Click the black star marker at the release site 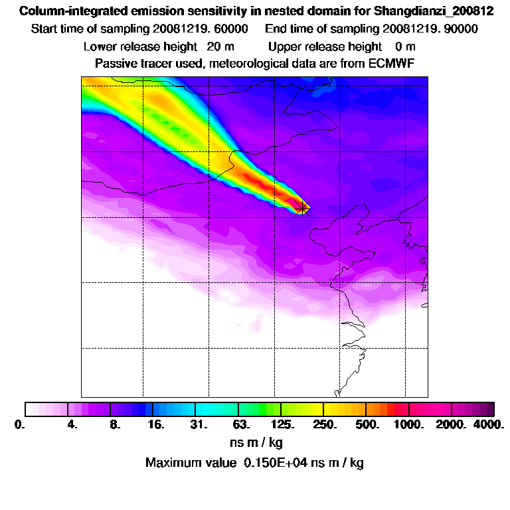[302, 208]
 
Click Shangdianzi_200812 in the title [434, 11]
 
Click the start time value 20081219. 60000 [201, 29]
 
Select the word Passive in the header [115, 64]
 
